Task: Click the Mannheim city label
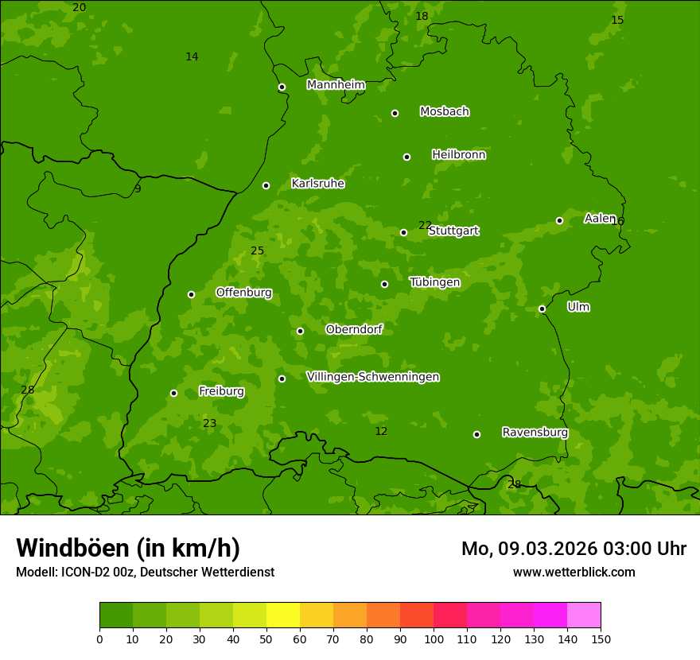[336, 85]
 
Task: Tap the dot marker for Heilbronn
[406, 157]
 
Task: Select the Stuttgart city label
[453, 231]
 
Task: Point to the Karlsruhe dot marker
[266, 185]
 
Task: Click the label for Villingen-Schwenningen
[372, 377]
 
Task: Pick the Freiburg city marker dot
[173, 393]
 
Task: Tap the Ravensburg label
[535, 433]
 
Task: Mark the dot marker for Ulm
[542, 309]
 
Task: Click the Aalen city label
[600, 219]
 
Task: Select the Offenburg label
[243, 293]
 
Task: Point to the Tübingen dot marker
[384, 284]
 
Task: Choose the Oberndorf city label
[354, 329]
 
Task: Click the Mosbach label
[444, 112]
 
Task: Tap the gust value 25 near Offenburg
[257, 251]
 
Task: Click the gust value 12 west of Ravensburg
[381, 432]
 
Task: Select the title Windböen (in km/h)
[128, 548]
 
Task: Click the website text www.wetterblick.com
[574, 572]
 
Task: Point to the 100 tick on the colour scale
[434, 639]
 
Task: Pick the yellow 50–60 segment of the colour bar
[283, 615]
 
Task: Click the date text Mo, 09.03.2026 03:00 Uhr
[574, 549]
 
